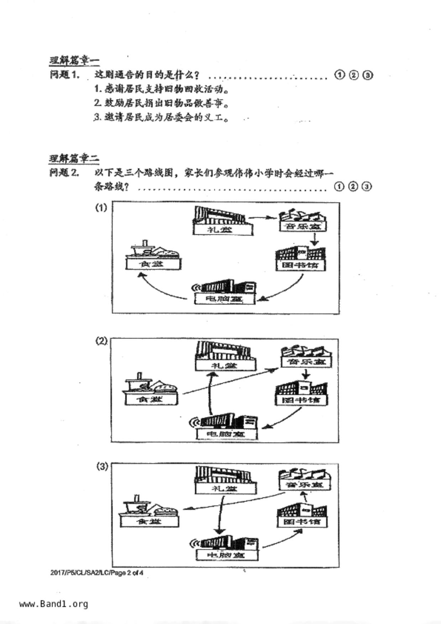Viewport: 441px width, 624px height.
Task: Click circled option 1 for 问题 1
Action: [340, 75]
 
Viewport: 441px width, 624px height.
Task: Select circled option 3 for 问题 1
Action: [368, 75]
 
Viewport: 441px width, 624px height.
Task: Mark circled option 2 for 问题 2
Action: [353, 186]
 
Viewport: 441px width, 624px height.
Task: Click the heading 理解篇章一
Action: [74, 60]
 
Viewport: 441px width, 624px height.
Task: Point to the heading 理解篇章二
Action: [74, 158]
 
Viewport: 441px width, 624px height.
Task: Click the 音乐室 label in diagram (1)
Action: [302, 226]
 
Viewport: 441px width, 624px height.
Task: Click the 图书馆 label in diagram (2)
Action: [301, 400]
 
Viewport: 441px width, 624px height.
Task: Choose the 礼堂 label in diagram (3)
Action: [225, 488]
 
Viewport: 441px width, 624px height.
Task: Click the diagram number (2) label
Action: [101, 341]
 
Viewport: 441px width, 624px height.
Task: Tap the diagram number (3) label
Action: [102, 466]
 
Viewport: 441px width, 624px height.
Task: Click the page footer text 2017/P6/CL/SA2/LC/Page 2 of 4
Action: [97, 573]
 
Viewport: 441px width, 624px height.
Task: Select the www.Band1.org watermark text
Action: [53, 604]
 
